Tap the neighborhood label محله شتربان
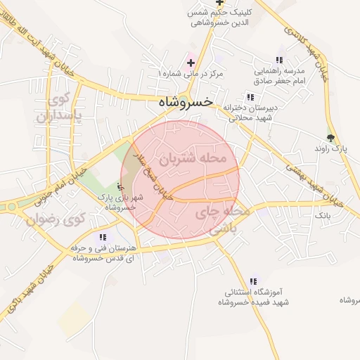193,159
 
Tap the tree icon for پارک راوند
331,138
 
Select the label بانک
321,213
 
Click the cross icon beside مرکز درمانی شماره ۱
190,63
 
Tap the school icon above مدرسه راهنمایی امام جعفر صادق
280,60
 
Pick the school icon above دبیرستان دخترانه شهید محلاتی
250,98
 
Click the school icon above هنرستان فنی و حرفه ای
104,238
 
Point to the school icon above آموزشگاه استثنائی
253,281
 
